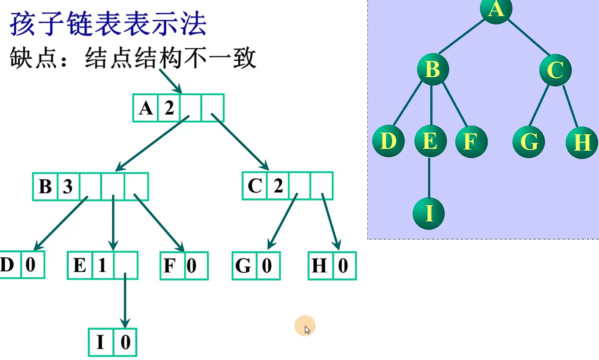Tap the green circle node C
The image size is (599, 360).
[556, 69]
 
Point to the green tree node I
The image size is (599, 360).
[429, 213]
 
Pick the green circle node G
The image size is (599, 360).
[529, 142]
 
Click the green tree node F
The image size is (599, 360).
[471, 142]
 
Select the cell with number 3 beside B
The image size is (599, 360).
[67, 187]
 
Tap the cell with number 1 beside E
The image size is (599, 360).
[102, 266]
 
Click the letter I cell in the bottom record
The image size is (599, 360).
[100, 342]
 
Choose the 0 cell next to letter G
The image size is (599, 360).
[267, 266]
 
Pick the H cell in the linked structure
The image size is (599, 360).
[320, 266]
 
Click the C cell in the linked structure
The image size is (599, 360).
[255, 186]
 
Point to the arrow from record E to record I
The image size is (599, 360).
[125, 300]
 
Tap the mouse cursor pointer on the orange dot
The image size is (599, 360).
[306, 329]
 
